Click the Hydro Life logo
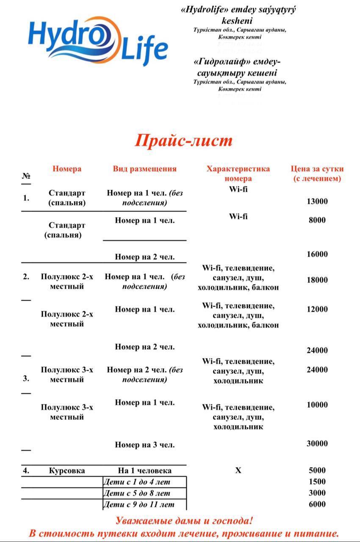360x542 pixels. [98, 41]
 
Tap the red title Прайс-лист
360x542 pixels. [184, 141]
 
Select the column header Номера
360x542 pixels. [67, 169]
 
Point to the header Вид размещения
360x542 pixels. [144, 169]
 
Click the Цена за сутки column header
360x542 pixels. [317, 174]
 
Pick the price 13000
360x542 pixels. [317, 202]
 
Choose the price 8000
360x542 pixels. [317, 220]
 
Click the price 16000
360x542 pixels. [317, 254]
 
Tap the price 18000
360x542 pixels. [317, 280]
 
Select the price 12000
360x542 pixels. [317, 310]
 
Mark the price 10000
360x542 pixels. [317, 405]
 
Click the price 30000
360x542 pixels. [317, 444]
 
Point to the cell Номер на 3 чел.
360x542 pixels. [144, 445]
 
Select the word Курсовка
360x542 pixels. [67, 471]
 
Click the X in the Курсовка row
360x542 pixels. [238, 471]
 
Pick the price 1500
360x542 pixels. [317, 482]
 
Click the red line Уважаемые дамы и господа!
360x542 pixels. [184, 521]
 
